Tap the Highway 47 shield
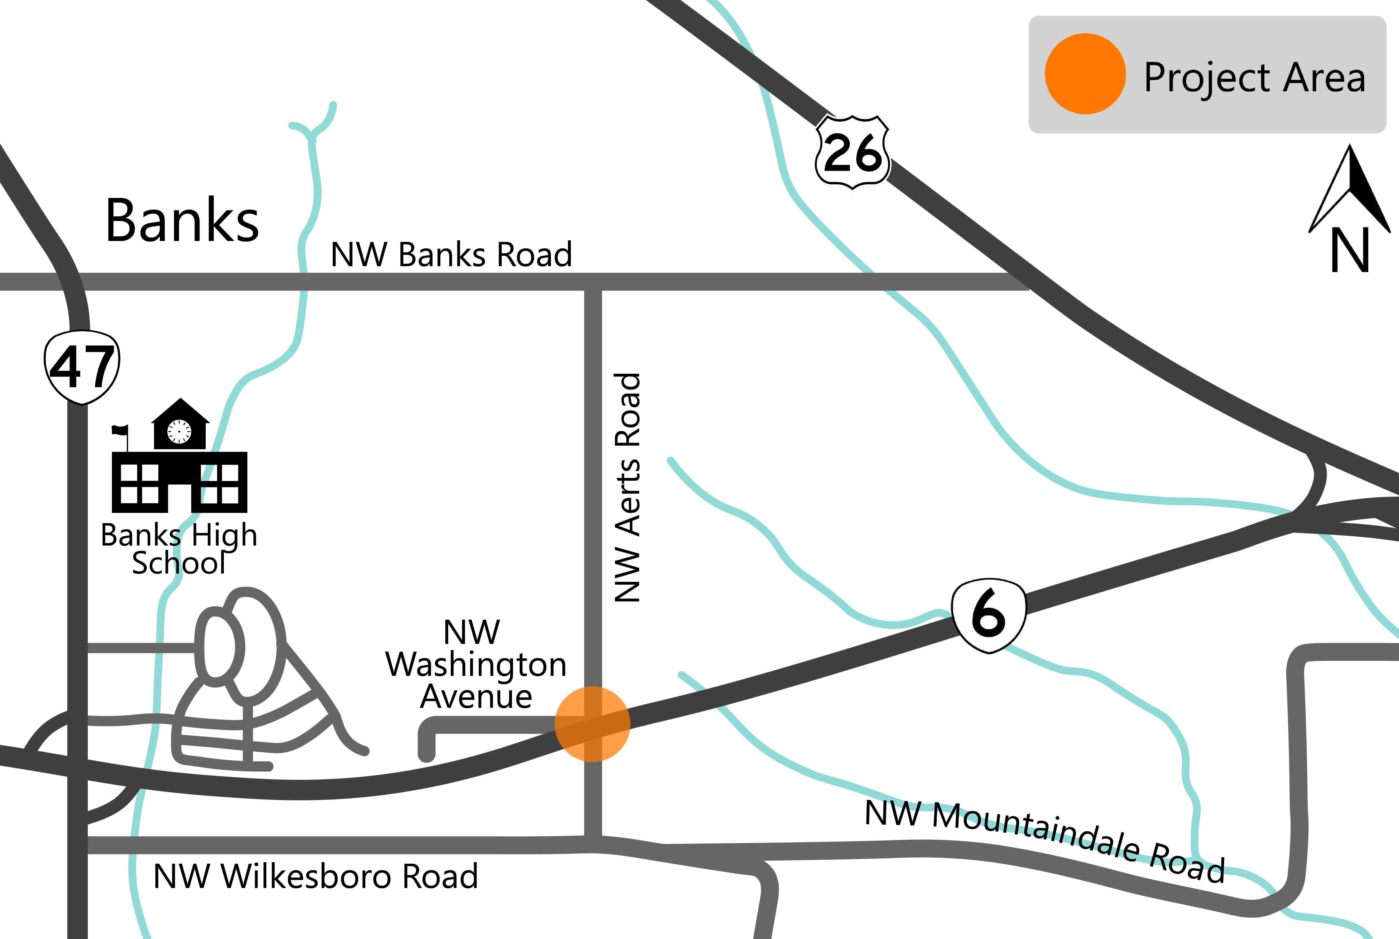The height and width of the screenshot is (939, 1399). click(x=82, y=366)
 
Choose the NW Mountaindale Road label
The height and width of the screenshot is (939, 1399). click(x=1045, y=841)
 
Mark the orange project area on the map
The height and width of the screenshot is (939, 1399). click(x=592, y=724)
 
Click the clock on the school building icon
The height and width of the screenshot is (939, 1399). click(x=179, y=431)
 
